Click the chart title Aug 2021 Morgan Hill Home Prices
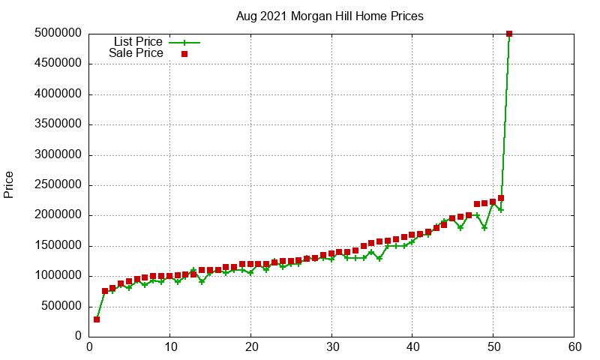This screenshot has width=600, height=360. click(329, 16)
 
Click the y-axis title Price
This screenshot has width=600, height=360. click(9, 184)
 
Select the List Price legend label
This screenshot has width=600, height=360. click(138, 42)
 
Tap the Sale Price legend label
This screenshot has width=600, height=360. click(136, 53)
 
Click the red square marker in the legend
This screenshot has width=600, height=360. click(184, 54)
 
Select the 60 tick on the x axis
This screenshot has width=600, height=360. click(574, 347)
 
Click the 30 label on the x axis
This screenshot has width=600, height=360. click(331, 347)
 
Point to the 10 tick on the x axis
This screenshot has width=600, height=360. click(170, 347)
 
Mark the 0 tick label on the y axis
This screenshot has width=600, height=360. click(78, 337)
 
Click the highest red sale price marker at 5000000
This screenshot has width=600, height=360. click(509, 34)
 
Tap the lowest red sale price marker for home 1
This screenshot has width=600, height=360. click(97, 319)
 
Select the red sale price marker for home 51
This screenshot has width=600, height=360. click(501, 198)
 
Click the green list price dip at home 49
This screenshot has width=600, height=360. click(484, 227)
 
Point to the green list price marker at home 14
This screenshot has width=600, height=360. click(202, 282)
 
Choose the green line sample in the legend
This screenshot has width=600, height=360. click(184, 42)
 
